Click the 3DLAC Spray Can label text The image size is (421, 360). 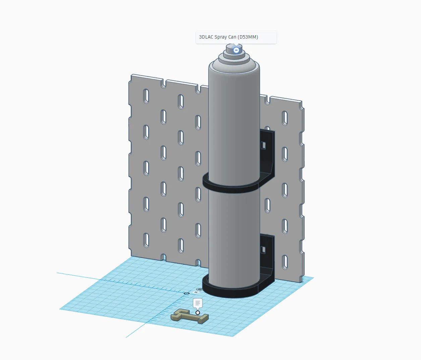coord(228,37)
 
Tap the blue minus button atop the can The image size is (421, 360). coord(236,50)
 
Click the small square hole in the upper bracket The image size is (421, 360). coord(263,145)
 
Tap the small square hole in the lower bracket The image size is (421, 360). coord(263,250)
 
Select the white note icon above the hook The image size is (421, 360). coord(198,303)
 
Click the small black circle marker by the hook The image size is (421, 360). coord(198,313)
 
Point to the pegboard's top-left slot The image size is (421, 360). coord(146,96)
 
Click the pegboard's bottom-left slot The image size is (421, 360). coord(146,240)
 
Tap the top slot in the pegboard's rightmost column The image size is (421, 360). coord(285,118)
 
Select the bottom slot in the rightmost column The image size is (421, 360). coord(285,262)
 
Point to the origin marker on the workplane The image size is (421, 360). coord(187,293)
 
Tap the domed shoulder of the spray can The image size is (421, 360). coord(234,65)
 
